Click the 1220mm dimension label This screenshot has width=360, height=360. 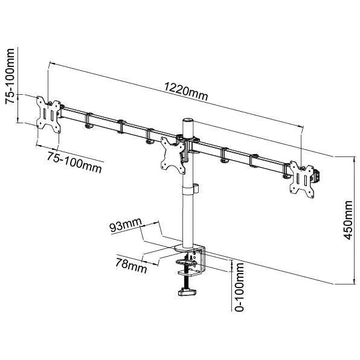tap(186, 92)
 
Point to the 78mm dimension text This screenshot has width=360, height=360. tap(131, 266)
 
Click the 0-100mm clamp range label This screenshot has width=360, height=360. tap(239, 287)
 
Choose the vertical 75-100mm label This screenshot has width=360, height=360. tap(10, 77)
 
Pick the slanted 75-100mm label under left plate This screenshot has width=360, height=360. tap(74, 162)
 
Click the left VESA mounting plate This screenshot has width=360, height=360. tap(48, 114)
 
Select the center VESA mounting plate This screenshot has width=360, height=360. tap(173, 155)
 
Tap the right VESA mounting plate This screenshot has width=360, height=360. tap(301, 179)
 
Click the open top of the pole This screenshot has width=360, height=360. tap(188, 121)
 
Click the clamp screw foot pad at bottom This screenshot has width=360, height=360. tap(188, 292)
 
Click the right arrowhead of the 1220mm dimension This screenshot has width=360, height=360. tap(301, 126)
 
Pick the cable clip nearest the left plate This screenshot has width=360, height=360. tap(88, 120)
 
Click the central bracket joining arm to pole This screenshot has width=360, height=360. tap(188, 144)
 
